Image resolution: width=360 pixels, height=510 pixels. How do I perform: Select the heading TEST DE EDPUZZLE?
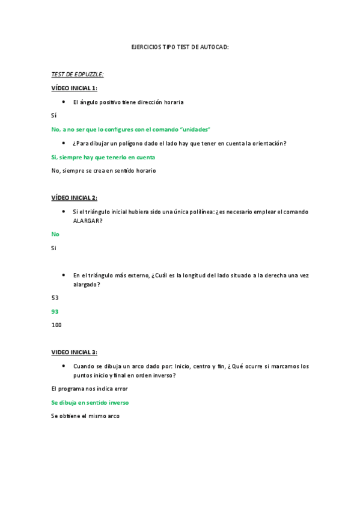click(x=78, y=74)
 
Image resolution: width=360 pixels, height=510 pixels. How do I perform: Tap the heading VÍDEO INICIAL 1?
click(x=75, y=88)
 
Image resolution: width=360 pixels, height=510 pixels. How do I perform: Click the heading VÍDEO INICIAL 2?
click(x=75, y=198)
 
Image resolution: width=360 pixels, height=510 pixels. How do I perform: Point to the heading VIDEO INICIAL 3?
click(x=74, y=352)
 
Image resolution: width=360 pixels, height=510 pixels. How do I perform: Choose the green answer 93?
click(x=55, y=312)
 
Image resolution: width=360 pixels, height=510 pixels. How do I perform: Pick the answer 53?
click(x=55, y=298)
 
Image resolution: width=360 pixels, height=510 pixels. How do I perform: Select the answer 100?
click(x=56, y=325)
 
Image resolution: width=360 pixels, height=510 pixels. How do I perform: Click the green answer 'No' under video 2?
click(x=55, y=234)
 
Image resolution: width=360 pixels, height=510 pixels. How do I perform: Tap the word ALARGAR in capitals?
click(x=87, y=221)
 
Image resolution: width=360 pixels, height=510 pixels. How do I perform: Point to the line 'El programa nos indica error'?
click(x=90, y=389)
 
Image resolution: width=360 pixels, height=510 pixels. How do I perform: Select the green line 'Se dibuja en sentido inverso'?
click(x=90, y=402)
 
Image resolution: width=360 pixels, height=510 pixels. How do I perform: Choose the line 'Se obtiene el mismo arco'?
click(x=85, y=416)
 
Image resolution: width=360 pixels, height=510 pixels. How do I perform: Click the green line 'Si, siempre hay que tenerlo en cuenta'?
click(x=103, y=157)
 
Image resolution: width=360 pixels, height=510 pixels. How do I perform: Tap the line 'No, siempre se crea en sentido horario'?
click(x=103, y=171)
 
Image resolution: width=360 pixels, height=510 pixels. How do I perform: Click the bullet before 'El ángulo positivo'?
click(x=64, y=102)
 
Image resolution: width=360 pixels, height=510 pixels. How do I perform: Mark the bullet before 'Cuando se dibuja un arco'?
click(x=64, y=366)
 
